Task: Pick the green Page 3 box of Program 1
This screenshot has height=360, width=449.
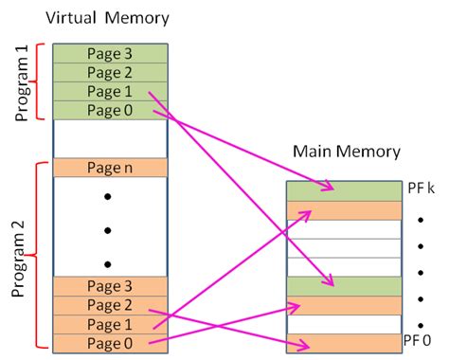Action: (x=110, y=53)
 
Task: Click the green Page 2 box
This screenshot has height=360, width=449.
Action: (x=110, y=72)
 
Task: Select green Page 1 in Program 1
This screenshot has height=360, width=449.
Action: (x=110, y=91)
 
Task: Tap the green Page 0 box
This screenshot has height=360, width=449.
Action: (x=110, y=110)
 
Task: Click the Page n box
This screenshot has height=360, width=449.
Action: (x=110, y=167)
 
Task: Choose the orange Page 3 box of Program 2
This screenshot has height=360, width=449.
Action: (x=110, y=285)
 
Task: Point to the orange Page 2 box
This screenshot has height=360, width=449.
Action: (x=110, y=304)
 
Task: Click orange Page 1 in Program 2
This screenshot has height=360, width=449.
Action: (x=110, y=323)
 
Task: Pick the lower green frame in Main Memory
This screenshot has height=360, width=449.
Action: (x=343, y=285)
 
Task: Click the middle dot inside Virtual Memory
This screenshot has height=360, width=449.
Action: (x=109, y=229)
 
